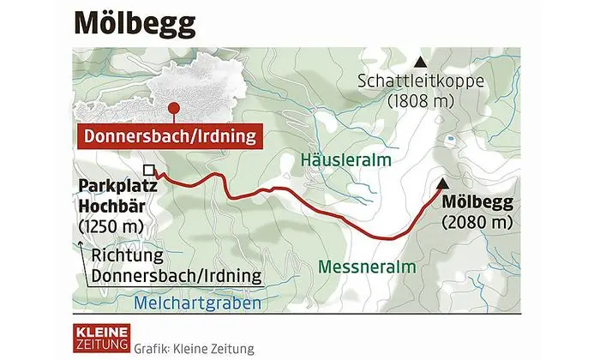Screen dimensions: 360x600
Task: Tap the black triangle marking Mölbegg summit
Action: (x=442, y=183)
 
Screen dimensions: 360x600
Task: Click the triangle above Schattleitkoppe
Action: (x=420, y=63)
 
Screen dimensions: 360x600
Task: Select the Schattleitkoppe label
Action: (x=420, y=82)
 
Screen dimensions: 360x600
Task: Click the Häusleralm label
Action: (x=346, y=159)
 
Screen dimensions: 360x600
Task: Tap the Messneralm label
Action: (x=366, y=267)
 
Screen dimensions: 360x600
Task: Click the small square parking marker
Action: (x=148, y=170)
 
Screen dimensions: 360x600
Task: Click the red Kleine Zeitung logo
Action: (x=100, y=337)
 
